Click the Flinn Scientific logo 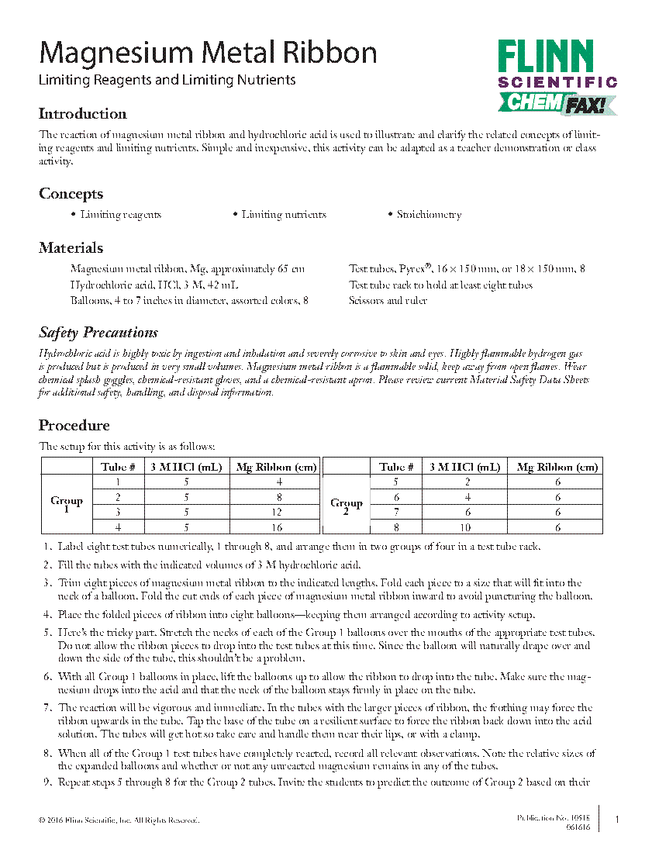(x=557, y=76)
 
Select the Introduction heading (x=83, y=114)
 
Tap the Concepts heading (x=71, y=194)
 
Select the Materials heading (x=71, y=248)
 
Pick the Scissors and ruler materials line (x=388, y=301)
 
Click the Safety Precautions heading (x=98, y=333)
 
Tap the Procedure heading (x=74, y=426)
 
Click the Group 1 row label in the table (x=67, y=505)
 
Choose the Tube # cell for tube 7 (x=396, y=513)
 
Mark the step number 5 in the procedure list (x=47, y=633)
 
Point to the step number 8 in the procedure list (x=47, y=753)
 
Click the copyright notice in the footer (x=119, y=820)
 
